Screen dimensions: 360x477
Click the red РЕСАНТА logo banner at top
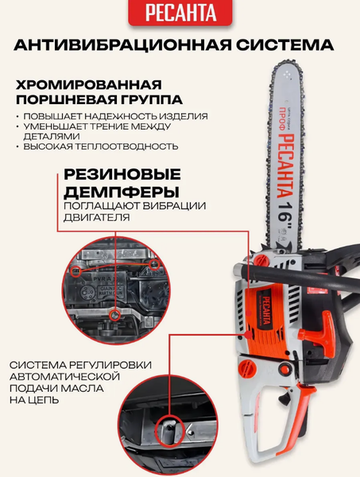(180, 13)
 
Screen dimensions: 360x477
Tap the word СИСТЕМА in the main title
(285, 45)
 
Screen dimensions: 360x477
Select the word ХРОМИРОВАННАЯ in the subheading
(88, 84)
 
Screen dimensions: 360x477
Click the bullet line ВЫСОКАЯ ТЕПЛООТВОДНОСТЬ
(101, 146)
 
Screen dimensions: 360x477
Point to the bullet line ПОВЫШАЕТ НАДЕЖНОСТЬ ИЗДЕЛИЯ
(115, 117)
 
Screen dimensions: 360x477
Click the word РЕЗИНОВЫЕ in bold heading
(122, 175)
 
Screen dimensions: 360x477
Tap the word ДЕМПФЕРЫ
(122, 192)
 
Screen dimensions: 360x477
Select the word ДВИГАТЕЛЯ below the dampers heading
(97, 218)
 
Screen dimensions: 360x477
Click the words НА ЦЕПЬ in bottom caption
(33, 400)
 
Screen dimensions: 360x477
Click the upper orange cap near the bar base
(262, 261)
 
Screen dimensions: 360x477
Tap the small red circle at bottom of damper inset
(114, 316)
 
